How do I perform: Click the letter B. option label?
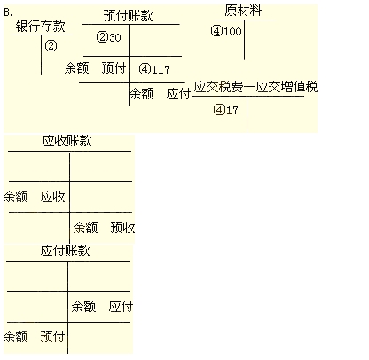pos(8,12)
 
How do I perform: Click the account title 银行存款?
pos(40,27)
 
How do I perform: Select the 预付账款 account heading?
pos(128,16)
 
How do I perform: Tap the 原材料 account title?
pos(243,11)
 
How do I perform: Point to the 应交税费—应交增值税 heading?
pos(255,87)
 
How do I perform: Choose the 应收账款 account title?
pos(67,141)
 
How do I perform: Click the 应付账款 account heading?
pos(65,251)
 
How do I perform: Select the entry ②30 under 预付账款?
pos(109,37)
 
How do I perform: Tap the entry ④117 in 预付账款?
pos(154,69)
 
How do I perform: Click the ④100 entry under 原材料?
pos(226,31)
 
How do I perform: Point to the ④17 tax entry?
pos(225,110)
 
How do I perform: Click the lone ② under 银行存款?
pos(51,46)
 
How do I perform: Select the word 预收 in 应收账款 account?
pos(122,228)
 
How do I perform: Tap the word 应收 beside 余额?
pos(52,197)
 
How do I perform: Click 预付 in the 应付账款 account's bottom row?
pos(52,336)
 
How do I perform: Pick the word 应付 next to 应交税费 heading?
pos(178,94)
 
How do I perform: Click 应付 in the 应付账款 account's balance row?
pos(121,306)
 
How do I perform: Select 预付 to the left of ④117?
pos(114,67)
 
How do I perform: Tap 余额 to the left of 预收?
pos(85,228)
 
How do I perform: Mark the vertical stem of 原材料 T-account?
pos(244,40)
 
